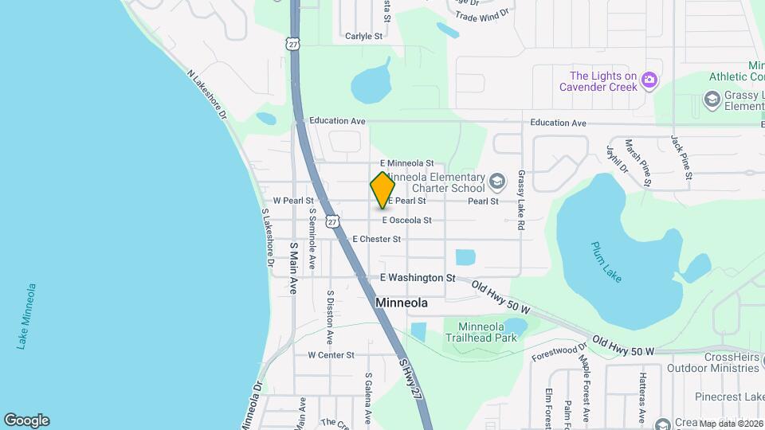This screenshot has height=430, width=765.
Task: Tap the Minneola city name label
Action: coord(402,303)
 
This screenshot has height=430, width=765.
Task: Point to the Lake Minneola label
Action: coord(27,315)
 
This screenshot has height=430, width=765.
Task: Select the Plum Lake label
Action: coord(607,261)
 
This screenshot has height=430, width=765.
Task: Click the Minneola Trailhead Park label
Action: coord(481,331)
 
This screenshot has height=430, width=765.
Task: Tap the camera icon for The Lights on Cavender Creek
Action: coord(650,79)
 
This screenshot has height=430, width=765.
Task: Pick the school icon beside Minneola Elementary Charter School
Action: coord(497,182)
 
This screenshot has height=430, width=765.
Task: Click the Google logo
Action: coord(26,420)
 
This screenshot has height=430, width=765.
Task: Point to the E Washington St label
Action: coord(418,278)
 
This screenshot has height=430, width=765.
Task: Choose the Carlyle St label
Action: coord(364,36)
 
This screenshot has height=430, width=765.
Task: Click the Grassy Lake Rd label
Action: coord(521,200)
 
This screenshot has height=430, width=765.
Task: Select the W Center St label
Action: coord(331,354)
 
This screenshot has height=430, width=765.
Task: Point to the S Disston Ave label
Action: coord(329,314)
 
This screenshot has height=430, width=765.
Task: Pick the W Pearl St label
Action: coord(293,201)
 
